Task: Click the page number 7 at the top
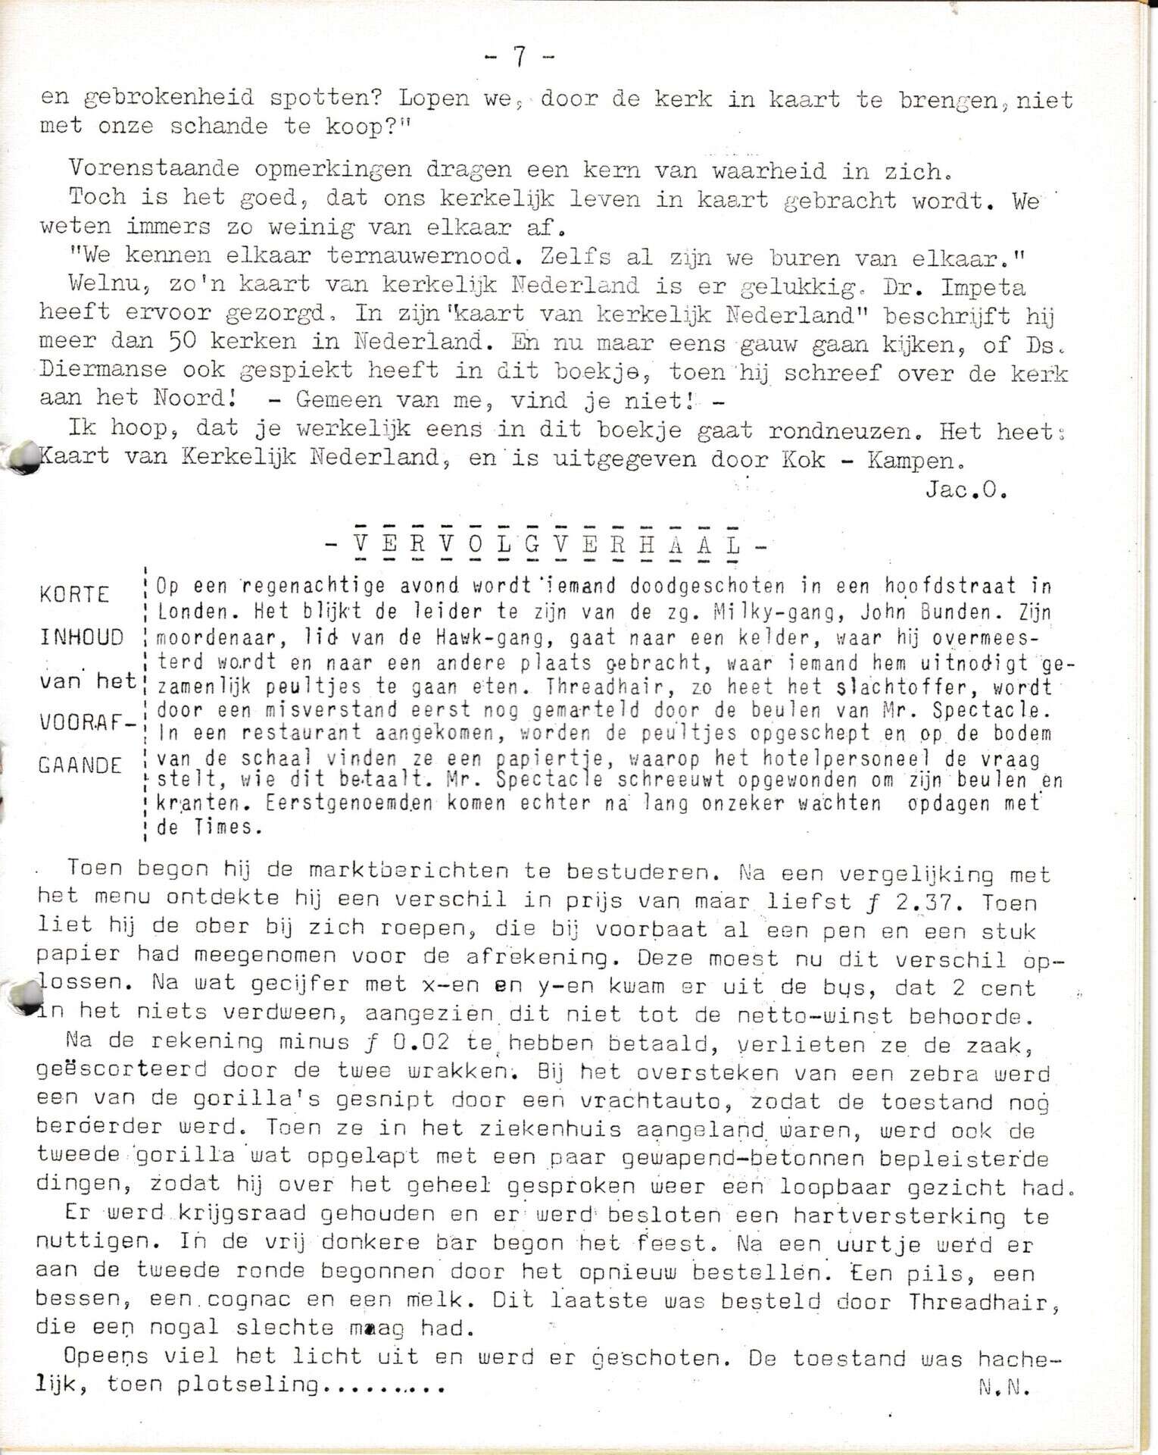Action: [519, 57]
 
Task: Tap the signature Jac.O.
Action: [966, 490]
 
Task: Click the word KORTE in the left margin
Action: [74, 593]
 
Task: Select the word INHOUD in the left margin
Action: [80, 637]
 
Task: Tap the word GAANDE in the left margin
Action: [80, 765]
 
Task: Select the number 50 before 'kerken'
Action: [183, 343]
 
